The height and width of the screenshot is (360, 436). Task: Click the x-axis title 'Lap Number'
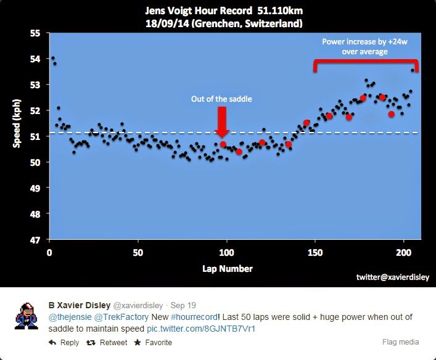pyautogui.click(x=227, y=269)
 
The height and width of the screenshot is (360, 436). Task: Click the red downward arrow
pyautogui.click(x=223, y=120)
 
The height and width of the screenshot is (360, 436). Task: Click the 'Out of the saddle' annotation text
pyautogui.click(x=222, y=99)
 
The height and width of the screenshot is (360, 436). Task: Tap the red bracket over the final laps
pyautogui.click(x=366, y=62)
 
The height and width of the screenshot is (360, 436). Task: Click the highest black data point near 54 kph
pyautogui.click(x=52, y=58)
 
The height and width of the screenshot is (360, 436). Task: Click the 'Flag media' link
pyautogui.click(x=400, y=342)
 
